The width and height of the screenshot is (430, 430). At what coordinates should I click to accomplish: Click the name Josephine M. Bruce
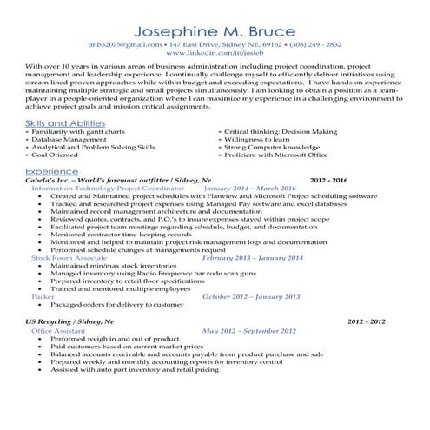(215, 25)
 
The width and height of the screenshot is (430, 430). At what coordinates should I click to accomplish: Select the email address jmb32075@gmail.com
(125, 43)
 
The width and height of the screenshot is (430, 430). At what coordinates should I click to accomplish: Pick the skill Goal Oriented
(55, 155)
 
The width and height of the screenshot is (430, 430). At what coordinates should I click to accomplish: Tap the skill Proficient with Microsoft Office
(275, 155)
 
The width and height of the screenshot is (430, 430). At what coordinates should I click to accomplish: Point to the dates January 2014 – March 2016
(249, 188)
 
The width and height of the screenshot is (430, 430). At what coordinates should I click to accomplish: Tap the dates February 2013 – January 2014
(252, 258)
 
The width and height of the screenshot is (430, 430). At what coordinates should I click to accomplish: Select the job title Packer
(43, 296)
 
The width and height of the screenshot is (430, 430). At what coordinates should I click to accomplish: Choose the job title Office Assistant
(58, 330)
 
